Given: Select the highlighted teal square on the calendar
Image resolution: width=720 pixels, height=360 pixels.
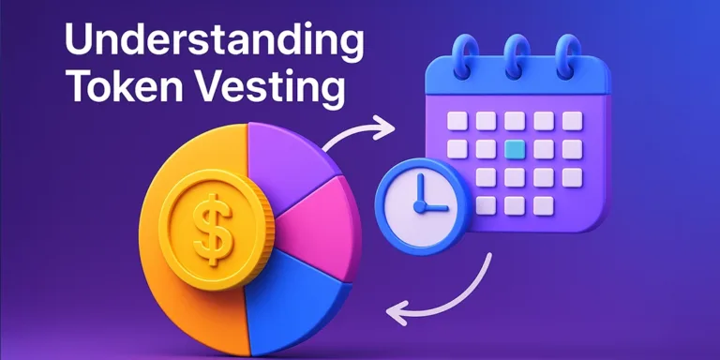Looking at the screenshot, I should pyautogui.click(x=514, y=149).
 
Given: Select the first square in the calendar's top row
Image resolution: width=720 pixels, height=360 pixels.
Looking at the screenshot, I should pyautogui.click(x=456, y=121).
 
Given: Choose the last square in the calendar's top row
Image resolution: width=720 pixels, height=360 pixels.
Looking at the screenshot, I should pyautogui.click(x=571, y=121).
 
